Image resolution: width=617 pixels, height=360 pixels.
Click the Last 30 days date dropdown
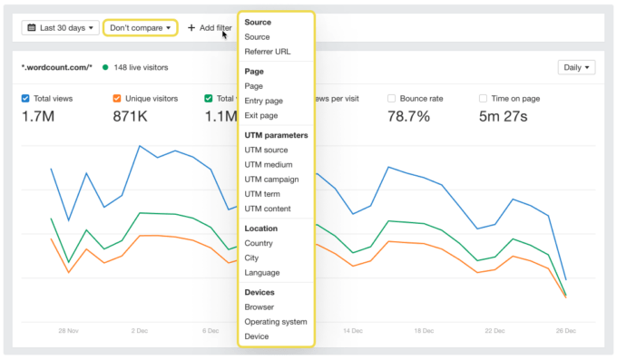click(61, 28)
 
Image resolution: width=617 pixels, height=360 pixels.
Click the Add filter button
click(210, 28)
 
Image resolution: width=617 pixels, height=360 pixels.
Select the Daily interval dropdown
click(577, 67)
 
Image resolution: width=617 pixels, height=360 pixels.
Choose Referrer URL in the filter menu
click(268, 52)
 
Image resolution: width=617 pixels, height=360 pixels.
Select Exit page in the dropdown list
click(260, 115)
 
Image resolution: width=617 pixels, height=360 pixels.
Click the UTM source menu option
click(266, 150)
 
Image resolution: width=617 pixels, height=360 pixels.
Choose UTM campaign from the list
click(271, 180)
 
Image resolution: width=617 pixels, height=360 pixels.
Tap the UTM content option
click(268, 209)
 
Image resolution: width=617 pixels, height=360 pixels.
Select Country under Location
click(259, 243)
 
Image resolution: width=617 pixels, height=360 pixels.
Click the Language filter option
click(262, 272)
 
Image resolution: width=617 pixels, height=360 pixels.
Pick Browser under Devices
click(260, 306)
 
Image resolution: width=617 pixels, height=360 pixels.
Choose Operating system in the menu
click(276, 321)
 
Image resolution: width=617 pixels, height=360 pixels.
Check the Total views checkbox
click(26, 98)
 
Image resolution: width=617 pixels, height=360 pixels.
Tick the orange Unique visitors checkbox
click(117, 98)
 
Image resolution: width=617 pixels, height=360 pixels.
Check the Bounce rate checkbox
click(392, 98)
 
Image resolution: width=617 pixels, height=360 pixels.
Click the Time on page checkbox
click(483, 98)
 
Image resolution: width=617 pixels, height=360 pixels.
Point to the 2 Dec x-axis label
click(139, 331)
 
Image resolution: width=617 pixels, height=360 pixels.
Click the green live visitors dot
click(106, 67)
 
